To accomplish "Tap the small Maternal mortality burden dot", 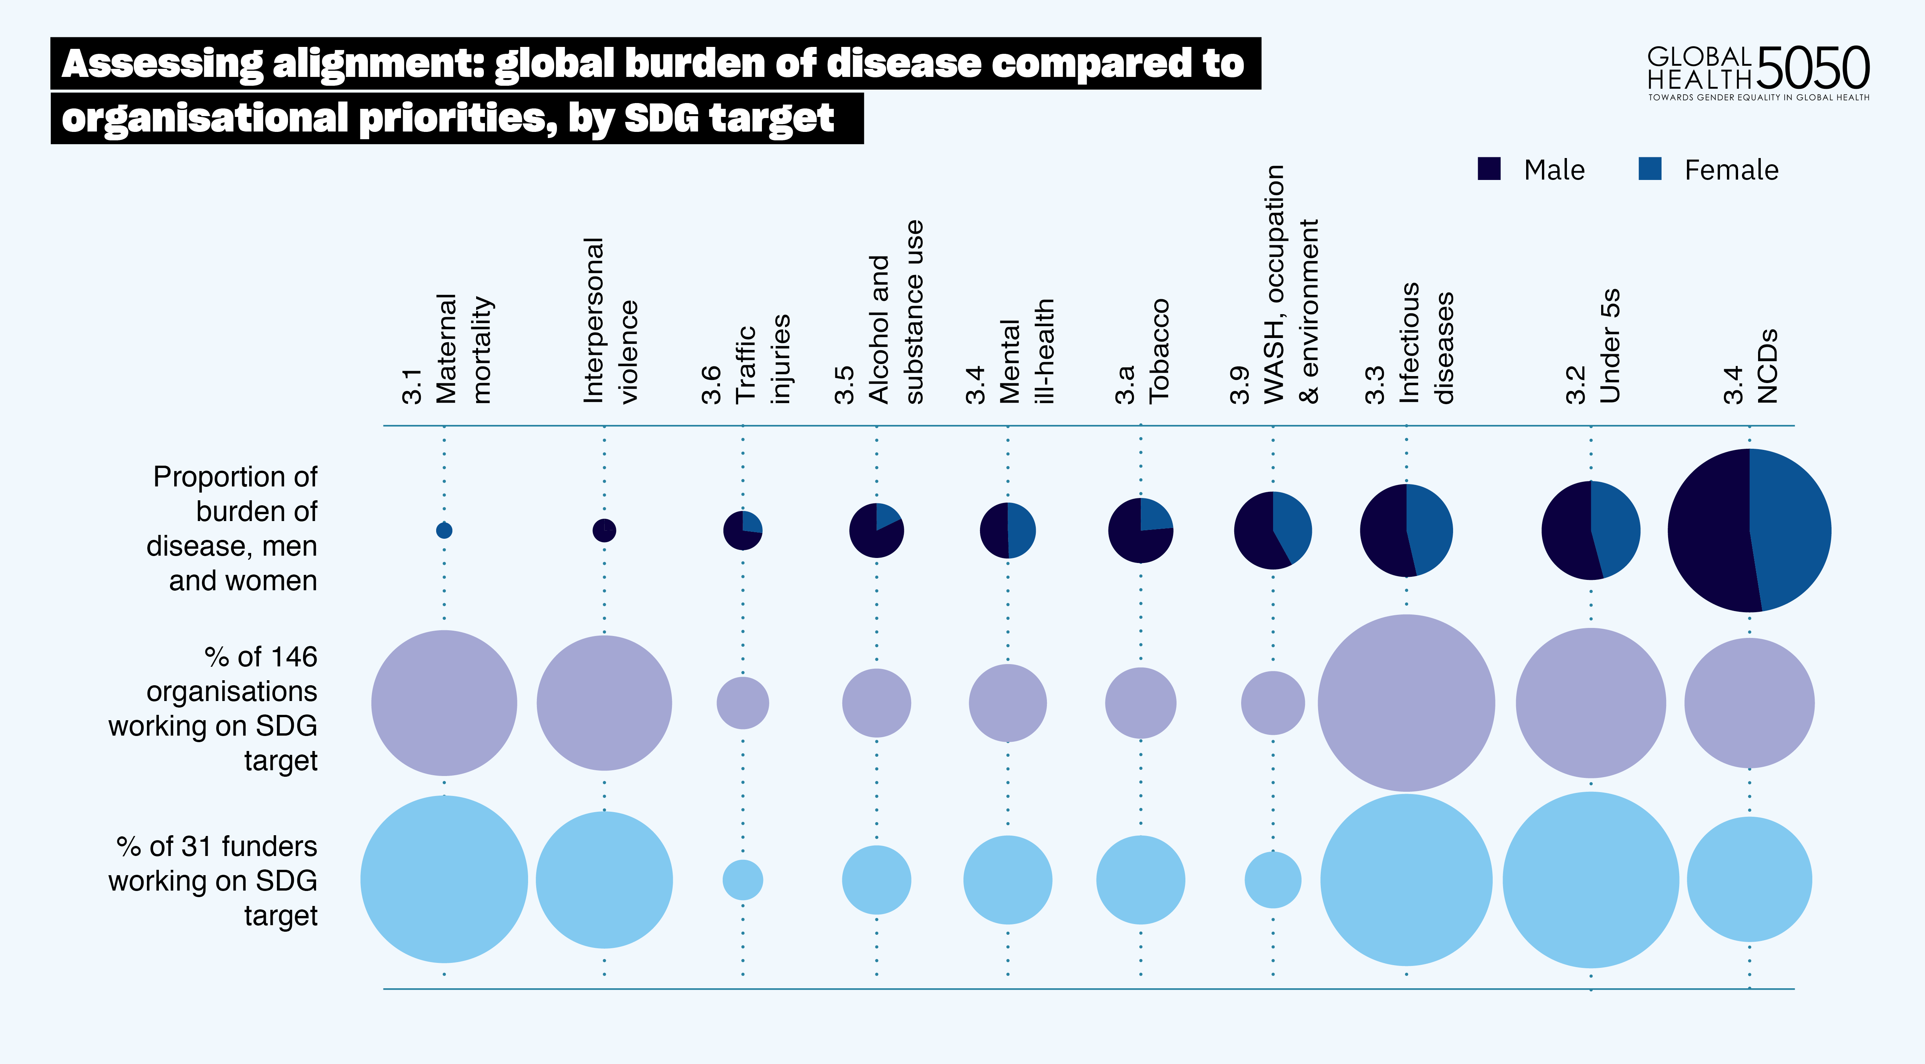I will click(x=444, y=531).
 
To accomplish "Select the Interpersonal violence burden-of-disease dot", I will click(x=604, y=531).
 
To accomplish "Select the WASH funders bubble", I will click(x=1273, y=879).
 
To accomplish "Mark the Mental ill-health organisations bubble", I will click(x=1007, y=703).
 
